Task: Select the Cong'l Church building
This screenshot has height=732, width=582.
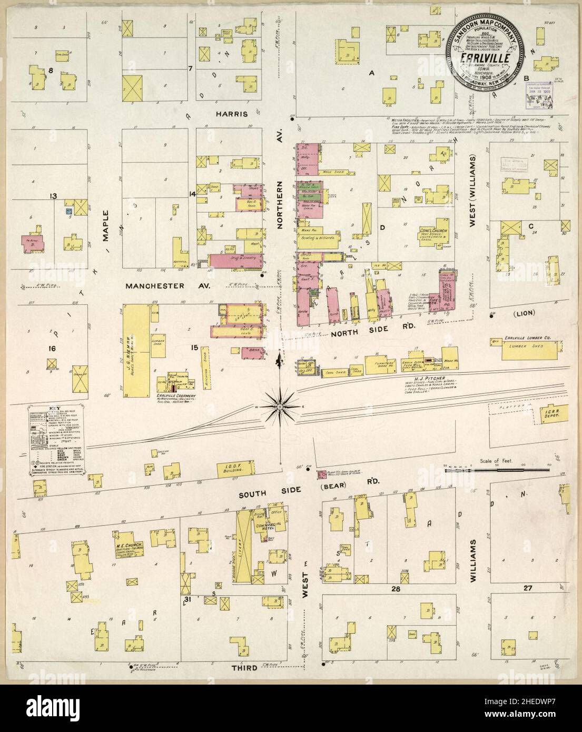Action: (441, 232)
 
